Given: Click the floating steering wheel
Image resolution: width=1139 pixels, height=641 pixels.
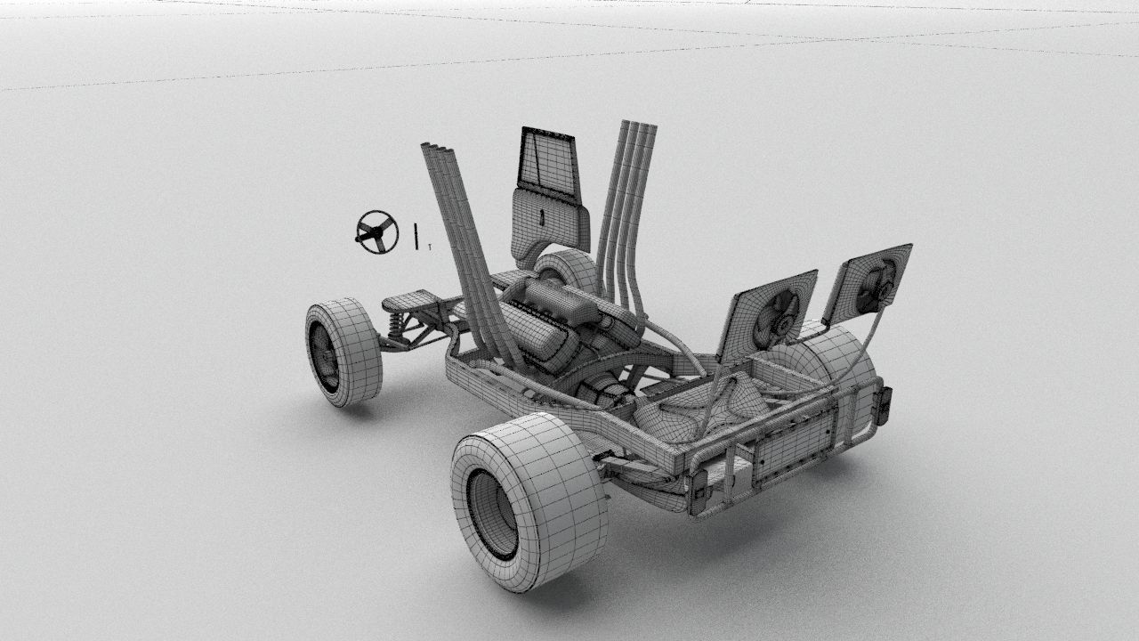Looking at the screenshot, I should point(376,232).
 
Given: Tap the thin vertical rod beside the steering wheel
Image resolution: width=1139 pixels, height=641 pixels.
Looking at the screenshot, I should point(415,236).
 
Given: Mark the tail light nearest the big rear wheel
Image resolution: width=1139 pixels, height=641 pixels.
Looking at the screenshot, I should point(698,491).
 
